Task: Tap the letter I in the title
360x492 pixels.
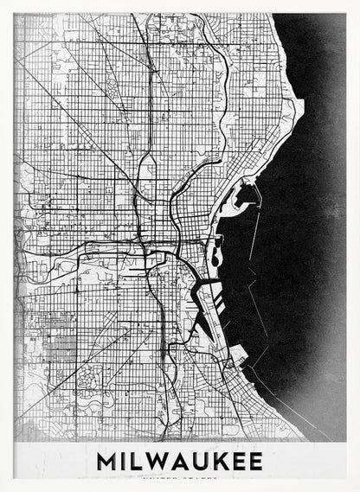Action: point(128,462)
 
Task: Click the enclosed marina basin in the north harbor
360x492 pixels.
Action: point(245,197)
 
